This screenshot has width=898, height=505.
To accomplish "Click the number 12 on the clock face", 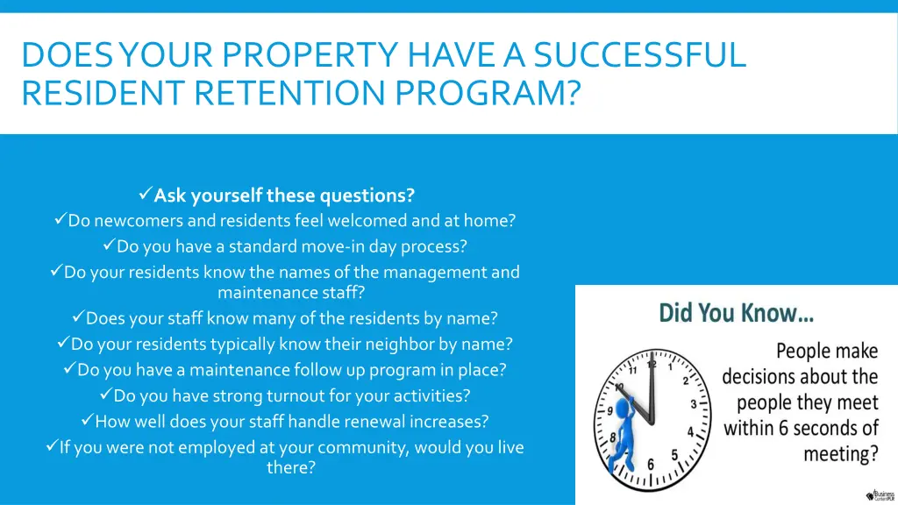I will point(651,364).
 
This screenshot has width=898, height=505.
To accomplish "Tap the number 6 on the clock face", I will point(651,464).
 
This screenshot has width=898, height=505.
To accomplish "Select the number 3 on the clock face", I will point(693,405).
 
